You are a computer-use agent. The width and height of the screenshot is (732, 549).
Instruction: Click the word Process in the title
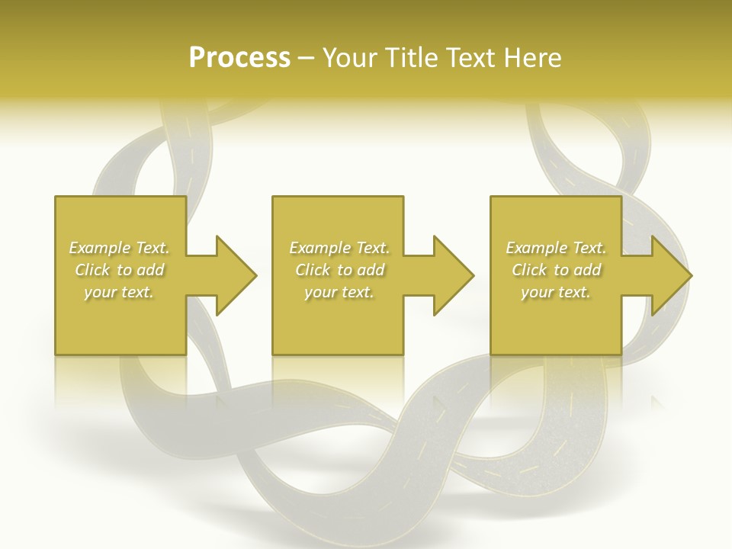click(239, 58)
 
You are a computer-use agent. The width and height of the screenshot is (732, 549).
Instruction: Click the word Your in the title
click(351, 58)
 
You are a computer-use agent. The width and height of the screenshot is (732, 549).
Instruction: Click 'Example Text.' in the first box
click(119, 248)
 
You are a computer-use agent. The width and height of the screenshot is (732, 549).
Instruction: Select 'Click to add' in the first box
click(119, 270)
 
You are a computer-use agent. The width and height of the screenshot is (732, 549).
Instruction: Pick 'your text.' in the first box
click(119, 292)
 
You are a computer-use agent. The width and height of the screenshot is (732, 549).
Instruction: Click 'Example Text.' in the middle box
click(339, 248)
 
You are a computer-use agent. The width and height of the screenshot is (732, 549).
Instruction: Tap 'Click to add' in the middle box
click(339, 270)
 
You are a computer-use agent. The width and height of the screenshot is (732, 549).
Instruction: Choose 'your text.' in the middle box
click(339, 292)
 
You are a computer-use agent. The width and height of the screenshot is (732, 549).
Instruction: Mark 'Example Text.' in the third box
click(556, 248)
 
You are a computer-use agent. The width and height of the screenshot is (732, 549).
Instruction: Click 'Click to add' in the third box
click(556, 270)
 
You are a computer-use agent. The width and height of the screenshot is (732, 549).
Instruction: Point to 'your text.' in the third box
click(556, 292)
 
